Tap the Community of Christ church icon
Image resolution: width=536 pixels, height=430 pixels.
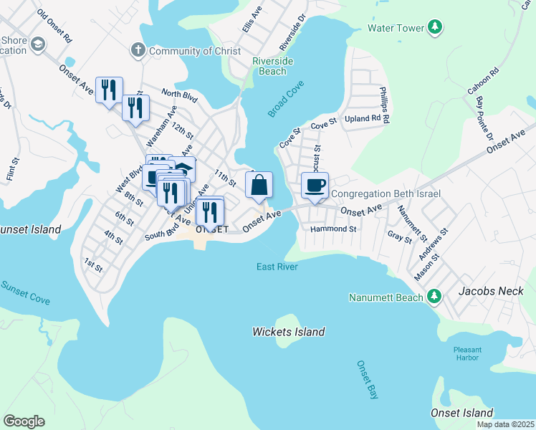pyautogui.click(x=138, y=50)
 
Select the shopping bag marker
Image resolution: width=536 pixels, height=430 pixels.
pyautogui.click(x=259, y=185)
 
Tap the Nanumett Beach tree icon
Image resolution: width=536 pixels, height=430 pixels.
pyautogui.click(x=434, y=297)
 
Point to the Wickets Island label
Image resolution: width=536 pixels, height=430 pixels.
pyautogui.click(x=288, y=332)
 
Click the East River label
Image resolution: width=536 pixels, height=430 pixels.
pyautogui.click(x=277, y=267)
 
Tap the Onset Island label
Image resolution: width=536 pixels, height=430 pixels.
pyautogui.click(x=461, y=413)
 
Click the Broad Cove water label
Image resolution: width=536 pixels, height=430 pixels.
pyautogui.click(x=286, y=100)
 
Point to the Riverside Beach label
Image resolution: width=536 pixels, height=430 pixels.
pyautogui.click(x=273, y=67)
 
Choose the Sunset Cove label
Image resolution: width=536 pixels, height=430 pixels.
pyautogui.click(x=25, y=292)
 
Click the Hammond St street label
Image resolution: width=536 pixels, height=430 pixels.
pyautogui.click(x=333, y=229)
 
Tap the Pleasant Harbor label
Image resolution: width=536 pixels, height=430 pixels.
pyautogui.click(x=472, y=354)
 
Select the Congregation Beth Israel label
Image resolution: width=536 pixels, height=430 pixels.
pyautogui.click(x=386, y=193)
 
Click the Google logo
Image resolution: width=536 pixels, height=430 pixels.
pyautogui.click(x=24, y=421)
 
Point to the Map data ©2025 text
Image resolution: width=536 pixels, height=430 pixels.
pyautogui.click(x=504, y=424)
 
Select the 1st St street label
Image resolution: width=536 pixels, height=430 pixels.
pyautogui.click(x=93, y=265)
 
